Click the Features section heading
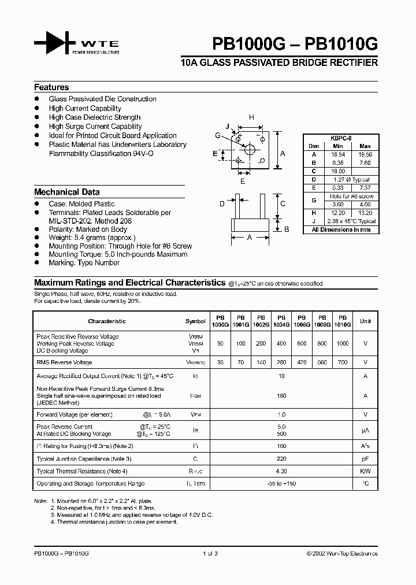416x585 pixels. click(x=51, y=87)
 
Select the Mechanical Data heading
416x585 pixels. click(x=66, y=192)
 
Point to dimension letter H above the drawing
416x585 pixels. click(x=251, y=118)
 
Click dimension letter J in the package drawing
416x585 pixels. click(x=228, y=126)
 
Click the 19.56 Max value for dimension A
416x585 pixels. click(x=365, y=155)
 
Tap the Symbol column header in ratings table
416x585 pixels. click(x=195, y=321)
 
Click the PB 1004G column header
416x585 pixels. click(x=281, y=321)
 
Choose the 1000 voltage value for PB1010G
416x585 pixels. click(x=343, y=343)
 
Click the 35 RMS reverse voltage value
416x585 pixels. click(x=220, y=362)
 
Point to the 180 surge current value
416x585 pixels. click(x=281, y=396)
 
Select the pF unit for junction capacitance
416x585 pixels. click(x=365, y=458)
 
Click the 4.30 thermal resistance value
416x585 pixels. click(x=281, y=471)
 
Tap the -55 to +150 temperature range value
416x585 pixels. click(x=281, y=483)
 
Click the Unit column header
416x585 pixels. click(x=365, y=321)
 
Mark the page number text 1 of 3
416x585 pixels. click(x=209, y=553)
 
